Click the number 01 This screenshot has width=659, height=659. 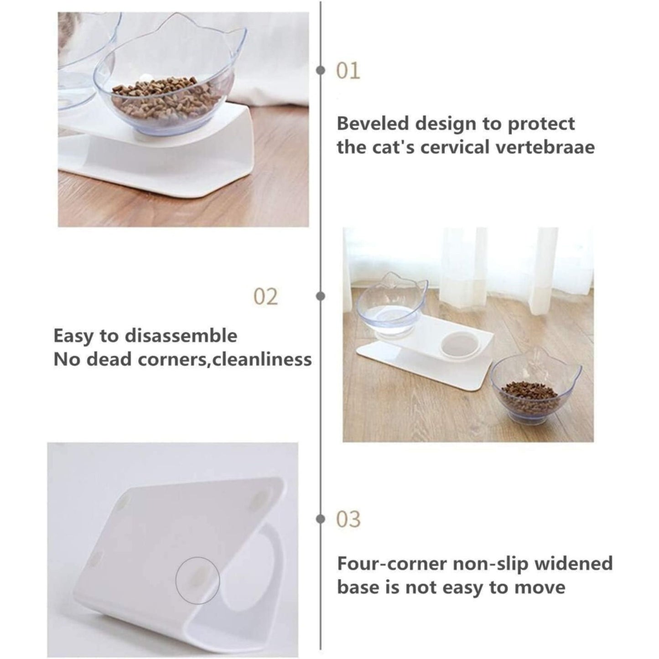click(348, 72)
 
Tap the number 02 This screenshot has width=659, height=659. click(265, 297)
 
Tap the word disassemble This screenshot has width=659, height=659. click(181, 336)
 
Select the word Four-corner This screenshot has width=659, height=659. click(391, 564)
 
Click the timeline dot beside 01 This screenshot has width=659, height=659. click(321, 71)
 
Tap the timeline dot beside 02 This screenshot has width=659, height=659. click(321, 296)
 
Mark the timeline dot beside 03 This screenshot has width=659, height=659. click(321, 519)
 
